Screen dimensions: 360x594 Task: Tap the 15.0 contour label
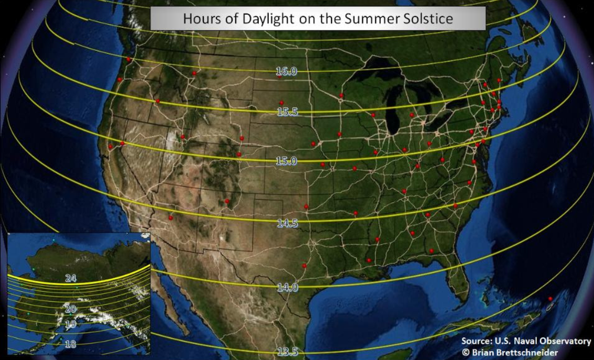pos(287,161)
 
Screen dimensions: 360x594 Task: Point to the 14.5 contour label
pos(287,223)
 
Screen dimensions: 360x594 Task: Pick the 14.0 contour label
pos(287,287)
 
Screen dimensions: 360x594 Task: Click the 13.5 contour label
pos(287,352)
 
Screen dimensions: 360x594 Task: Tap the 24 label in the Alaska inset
pos(71,278)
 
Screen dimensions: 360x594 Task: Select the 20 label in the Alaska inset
pos(71,309)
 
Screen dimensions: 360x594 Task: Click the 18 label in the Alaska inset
pos(70,344)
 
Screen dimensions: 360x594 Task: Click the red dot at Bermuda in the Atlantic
pos(550,299)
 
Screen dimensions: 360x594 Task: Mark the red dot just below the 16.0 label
pos(280,77)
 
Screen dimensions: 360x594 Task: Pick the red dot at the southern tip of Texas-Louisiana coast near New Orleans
pos(369,260)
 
